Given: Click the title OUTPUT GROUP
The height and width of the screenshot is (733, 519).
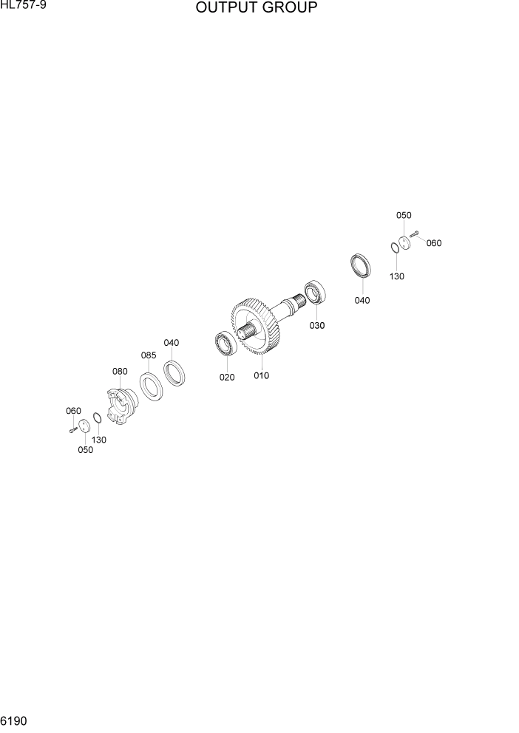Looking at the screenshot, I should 257,9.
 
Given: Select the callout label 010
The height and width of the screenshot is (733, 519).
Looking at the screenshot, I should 261,375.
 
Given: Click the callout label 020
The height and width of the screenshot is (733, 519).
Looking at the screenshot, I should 226,378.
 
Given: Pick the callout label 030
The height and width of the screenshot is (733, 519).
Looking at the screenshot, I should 316,325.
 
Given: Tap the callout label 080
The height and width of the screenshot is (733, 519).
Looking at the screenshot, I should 120,371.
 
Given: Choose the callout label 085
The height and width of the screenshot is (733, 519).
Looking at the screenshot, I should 149,355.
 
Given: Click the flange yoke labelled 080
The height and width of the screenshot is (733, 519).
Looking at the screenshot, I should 121,406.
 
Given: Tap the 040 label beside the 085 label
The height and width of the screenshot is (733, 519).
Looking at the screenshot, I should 172,343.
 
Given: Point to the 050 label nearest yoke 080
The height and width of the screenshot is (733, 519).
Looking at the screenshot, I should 85,450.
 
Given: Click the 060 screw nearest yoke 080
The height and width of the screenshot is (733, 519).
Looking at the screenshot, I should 72,429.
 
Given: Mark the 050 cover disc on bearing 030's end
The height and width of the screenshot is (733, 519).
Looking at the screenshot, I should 404,242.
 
